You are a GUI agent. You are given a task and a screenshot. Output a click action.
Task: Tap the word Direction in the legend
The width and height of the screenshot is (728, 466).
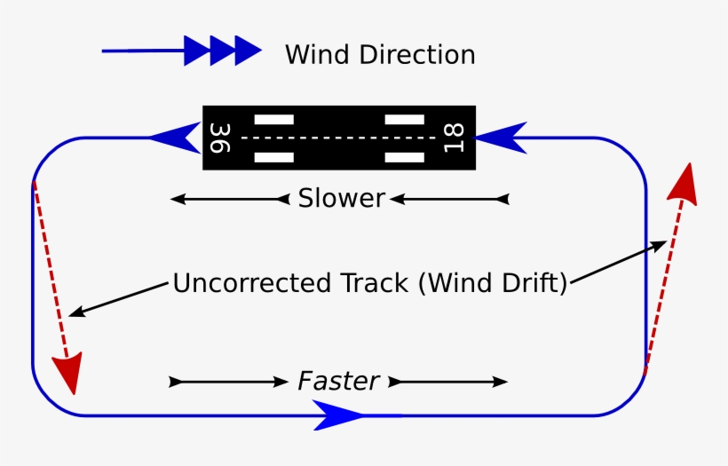[x=418, y=55]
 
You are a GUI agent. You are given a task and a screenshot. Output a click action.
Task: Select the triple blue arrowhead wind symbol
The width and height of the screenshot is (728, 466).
[x=223, y=51]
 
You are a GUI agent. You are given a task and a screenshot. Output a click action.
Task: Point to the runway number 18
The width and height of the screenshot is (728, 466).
[x=454, y=138]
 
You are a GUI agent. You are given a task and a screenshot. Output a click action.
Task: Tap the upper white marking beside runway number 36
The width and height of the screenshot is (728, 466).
[x=273, y=119]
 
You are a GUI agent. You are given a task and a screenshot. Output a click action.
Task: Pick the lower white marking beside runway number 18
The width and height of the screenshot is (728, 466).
[x=404, y=158]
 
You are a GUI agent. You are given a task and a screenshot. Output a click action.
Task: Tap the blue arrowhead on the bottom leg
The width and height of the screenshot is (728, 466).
[x=338, y=415]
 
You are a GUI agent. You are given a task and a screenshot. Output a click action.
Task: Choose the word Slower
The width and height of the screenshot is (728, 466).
[x=341, y=198]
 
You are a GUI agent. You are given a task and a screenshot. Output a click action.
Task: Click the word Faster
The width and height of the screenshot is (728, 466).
[x=338, y=382]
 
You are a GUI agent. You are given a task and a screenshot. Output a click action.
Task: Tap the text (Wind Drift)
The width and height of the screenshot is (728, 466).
[x=493, y=284]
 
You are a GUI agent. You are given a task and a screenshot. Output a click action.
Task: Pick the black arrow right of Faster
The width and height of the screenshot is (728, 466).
[x=448, y=382]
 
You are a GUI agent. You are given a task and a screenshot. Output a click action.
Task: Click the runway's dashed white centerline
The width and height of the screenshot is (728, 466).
[x=338, y=138]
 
